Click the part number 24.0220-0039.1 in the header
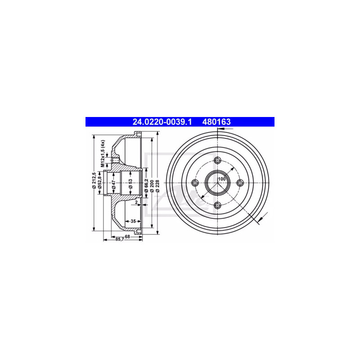(x=162, y=122)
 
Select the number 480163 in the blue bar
(x=216, y=122)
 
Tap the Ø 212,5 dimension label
(x=94, y=181)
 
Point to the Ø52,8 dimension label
(x=99, y=183)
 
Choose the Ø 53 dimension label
(x=130, y=184)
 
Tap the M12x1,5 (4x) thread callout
(x=103, y=153)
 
